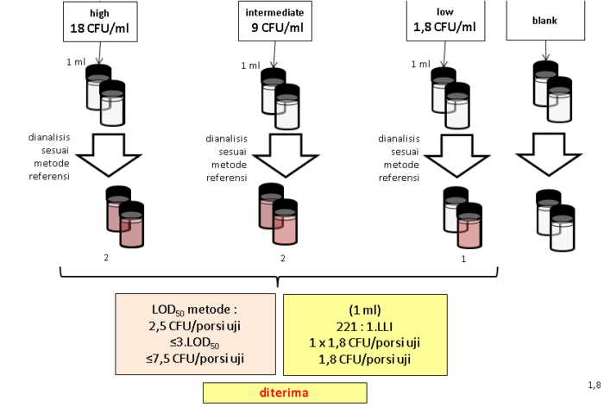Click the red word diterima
click(285, 392)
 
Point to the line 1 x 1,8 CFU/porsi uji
click(364, 342)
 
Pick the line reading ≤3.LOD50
click(195, 342)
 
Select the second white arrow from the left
click(286, 155)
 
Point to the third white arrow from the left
click(457, 157)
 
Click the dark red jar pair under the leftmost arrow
click(124, 222)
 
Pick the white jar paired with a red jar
click(455, 214)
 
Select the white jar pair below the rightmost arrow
click(555, 225)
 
